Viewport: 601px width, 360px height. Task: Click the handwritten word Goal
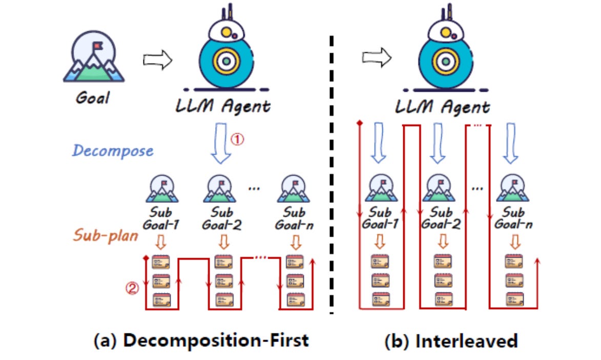[x=93, y=97]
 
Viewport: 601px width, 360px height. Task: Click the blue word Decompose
[x=113, y=151]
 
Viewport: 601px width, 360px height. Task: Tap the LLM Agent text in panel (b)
[x=442, y=107]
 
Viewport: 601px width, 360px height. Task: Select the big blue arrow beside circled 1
[x=221, y=143]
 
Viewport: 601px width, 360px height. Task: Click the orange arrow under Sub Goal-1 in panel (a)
[x=160, y=242]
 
